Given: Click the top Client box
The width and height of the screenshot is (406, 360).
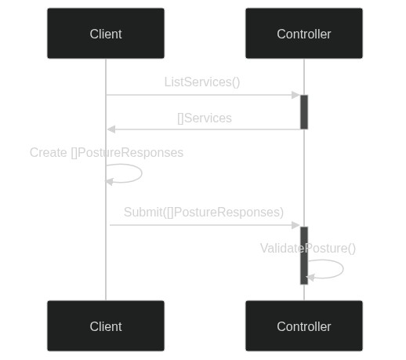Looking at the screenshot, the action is (106, 33).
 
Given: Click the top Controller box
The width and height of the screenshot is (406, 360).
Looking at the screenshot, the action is (304, 33).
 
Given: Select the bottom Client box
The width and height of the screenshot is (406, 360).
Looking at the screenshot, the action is (106, 325).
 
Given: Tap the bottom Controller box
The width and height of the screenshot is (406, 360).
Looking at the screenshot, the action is (304, 325).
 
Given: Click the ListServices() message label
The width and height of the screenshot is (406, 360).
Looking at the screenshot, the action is (202, 82).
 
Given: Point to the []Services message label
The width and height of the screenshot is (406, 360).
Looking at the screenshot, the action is (205, 118).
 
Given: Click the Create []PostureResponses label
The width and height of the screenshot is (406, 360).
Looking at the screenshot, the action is (107, 153).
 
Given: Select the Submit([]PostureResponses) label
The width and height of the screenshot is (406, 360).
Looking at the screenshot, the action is (204, 212).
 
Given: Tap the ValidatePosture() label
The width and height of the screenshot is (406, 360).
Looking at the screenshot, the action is (308, 249).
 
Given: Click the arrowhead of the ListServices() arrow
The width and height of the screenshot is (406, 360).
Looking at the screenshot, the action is (295, 95).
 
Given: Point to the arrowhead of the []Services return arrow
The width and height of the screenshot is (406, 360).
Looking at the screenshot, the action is (111, 129).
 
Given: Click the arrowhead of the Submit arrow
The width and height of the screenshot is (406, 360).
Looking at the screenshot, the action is (295, 225).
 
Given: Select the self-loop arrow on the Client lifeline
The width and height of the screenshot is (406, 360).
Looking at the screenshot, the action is (142, 173).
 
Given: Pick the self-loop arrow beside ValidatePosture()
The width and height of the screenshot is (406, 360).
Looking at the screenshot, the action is (343, 268).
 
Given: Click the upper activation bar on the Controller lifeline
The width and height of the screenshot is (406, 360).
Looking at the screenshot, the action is (304, 112).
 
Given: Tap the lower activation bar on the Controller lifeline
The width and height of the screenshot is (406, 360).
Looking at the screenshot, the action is (304, 255).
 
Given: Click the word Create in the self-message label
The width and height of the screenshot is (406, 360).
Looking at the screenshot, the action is (49, 153).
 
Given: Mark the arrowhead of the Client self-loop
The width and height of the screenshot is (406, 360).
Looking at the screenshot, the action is (109, 181).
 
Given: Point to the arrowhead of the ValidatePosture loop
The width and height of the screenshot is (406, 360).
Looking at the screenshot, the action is (310, 277).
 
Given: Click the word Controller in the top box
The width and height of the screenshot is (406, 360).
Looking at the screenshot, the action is (304, 34).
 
